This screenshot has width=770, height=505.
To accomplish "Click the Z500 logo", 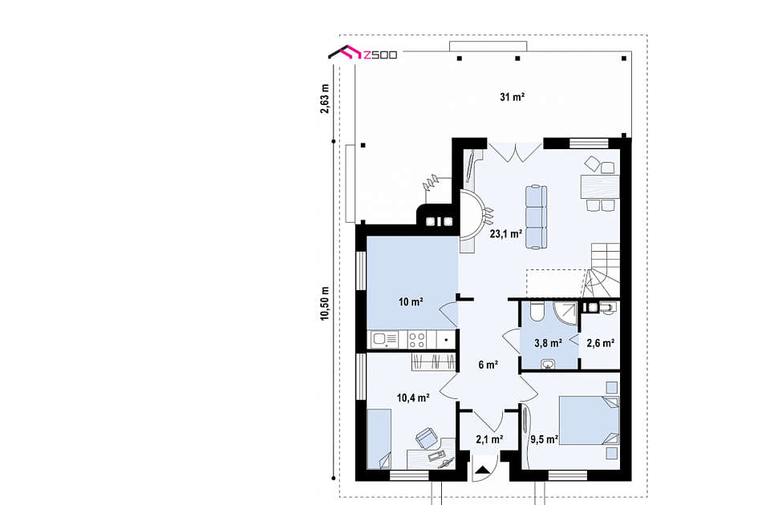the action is tap(363, 53).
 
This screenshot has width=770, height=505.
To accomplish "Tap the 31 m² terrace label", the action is tap(513, 97).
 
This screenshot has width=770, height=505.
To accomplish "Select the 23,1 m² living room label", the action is tap(506, 233).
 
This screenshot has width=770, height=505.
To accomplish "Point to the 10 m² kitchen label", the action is tap(411, 302).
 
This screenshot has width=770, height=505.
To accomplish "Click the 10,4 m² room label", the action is tap(414, 398).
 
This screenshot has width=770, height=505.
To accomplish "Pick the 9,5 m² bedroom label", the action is tap(544, 438).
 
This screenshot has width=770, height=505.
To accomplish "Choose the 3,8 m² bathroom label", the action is tap(548, 343).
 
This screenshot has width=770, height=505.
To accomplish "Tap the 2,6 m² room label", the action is tap(601, 343).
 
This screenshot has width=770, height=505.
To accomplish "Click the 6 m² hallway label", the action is tap(488, 365).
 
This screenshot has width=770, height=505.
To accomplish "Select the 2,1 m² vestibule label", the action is tap(489, 439).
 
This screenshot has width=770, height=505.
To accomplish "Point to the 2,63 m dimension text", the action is tap(325, 99).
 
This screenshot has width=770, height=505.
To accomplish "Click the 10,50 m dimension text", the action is tap(325, 303).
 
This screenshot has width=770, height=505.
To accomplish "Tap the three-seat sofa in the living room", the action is tap(537, 217).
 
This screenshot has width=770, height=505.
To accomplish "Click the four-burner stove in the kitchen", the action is tap(417, 339).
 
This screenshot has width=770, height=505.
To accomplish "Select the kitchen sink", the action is tap(385, 339).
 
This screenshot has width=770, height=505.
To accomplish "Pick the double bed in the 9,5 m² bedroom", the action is tap(589, 420).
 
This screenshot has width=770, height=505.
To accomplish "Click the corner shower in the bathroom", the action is tap(565, 313).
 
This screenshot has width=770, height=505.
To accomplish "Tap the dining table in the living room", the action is tap(600, 187).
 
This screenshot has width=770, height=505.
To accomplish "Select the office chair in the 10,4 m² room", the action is tap(426, 438).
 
